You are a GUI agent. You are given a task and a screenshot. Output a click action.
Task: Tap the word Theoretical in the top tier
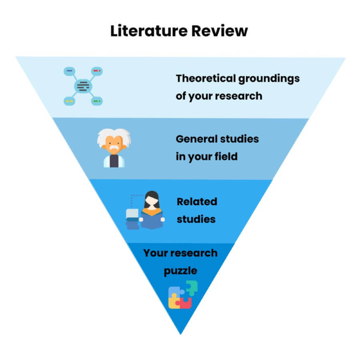click(x=206, y=78)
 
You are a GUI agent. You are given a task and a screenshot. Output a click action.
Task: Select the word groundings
click(x=269, y=79)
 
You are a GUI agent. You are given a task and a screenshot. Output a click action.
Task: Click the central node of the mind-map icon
click(x=83, y=86)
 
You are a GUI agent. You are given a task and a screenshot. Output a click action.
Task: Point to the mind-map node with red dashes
click(x=97, y=71)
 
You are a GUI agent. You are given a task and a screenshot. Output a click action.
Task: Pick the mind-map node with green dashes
click(x=97, y=102)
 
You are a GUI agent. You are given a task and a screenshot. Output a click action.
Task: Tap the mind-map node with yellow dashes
click(x=69, y=102)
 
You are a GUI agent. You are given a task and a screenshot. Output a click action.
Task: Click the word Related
click(x=197, y=201)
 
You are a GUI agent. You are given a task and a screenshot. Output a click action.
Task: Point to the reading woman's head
click(x=152, y=199)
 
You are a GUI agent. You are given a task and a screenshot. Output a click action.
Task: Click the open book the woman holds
click(x=152, y=221)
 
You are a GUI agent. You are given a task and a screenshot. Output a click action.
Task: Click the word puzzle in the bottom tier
click(x=180, y=271)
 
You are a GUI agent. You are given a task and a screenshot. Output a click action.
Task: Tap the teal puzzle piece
click(x=191, y=287)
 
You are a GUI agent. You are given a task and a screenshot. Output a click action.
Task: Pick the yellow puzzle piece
click(x=174, y=302)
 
